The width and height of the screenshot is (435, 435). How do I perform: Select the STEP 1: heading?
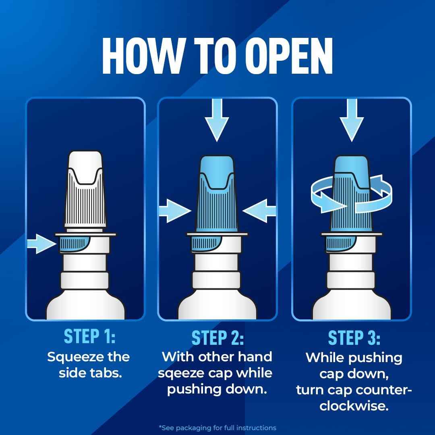click(89, 336)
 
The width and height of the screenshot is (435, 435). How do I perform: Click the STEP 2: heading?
click(217, 338)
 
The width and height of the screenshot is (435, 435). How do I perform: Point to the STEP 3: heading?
click(354, 338)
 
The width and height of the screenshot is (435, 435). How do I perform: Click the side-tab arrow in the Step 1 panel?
click(41, 244)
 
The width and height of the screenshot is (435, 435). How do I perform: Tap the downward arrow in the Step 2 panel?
click(217, 120)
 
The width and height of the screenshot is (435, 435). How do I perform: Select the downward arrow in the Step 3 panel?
click(352, 120)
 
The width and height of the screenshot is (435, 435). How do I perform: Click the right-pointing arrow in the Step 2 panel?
click(175, 211)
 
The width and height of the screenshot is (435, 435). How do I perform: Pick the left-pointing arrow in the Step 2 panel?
click(259, 211)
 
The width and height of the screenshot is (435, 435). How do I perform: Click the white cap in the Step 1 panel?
click(85, 191)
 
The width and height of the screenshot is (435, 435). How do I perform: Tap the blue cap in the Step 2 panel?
click(217, 194)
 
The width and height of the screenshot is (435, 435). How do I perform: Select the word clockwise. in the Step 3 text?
click(354, 406)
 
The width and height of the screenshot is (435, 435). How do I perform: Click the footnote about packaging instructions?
click(217, 428)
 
